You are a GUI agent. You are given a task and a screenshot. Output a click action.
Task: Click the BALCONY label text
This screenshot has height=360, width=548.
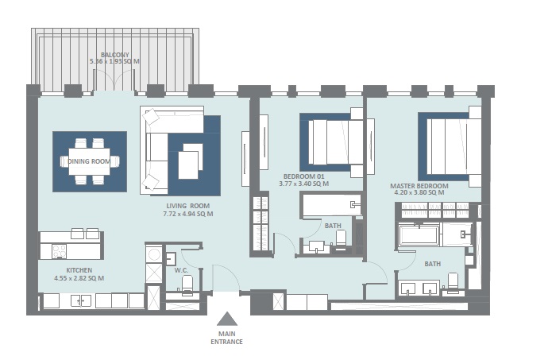coord(115,54)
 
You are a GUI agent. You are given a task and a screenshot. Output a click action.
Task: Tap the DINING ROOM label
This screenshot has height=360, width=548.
coord(89,161)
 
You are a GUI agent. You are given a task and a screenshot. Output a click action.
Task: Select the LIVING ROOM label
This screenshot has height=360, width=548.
coord(187,205)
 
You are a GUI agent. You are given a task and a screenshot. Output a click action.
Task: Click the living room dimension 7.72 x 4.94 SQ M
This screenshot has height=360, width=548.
coord(187,214)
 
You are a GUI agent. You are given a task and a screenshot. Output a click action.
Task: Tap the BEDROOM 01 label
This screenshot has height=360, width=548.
coord(303,176)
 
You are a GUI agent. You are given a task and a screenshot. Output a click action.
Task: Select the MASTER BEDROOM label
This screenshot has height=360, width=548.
coord(419,186)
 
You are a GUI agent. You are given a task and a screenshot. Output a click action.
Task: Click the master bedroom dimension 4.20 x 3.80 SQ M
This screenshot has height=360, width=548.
coord(419,194)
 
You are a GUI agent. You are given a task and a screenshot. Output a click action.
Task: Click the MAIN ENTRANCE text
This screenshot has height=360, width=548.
coord(227,337)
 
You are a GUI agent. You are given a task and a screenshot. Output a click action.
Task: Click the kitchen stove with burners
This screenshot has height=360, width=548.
coord(60,250)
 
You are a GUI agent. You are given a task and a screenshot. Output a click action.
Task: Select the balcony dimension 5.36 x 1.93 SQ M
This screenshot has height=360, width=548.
coord(115,61)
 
